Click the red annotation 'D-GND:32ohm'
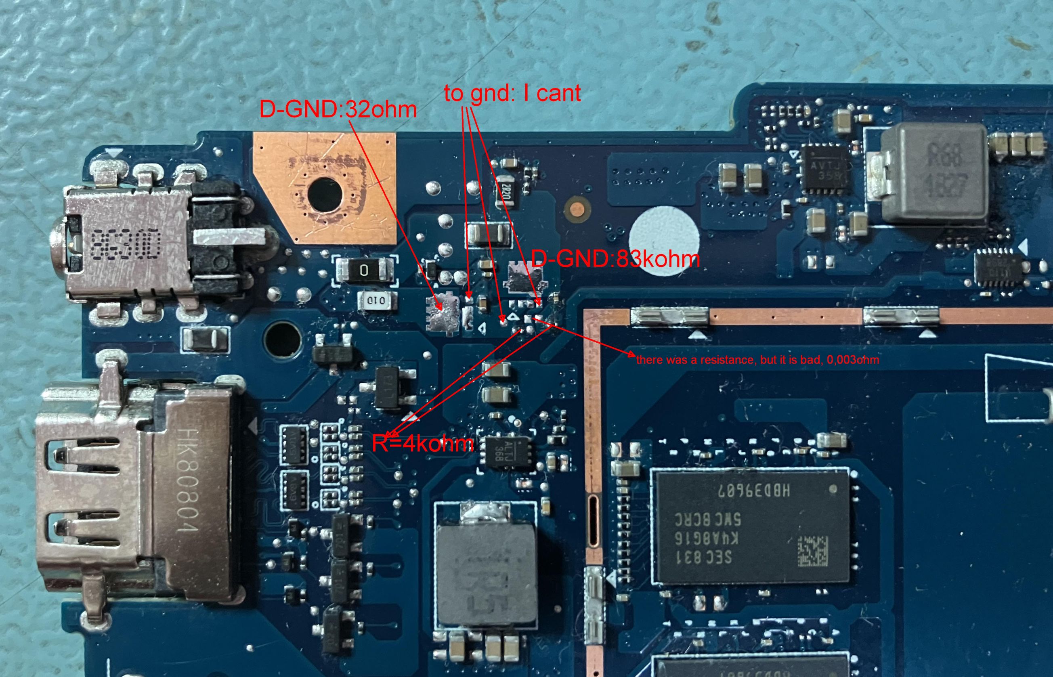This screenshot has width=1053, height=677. tap(338, 109)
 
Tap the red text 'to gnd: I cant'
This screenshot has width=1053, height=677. tap(512, 93)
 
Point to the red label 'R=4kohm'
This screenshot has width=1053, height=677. tap(422, 444)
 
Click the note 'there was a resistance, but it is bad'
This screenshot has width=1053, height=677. tap(757, 360)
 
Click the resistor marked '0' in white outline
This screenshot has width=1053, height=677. tap(365, 269)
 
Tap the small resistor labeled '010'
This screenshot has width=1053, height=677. tap(376, 301)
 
